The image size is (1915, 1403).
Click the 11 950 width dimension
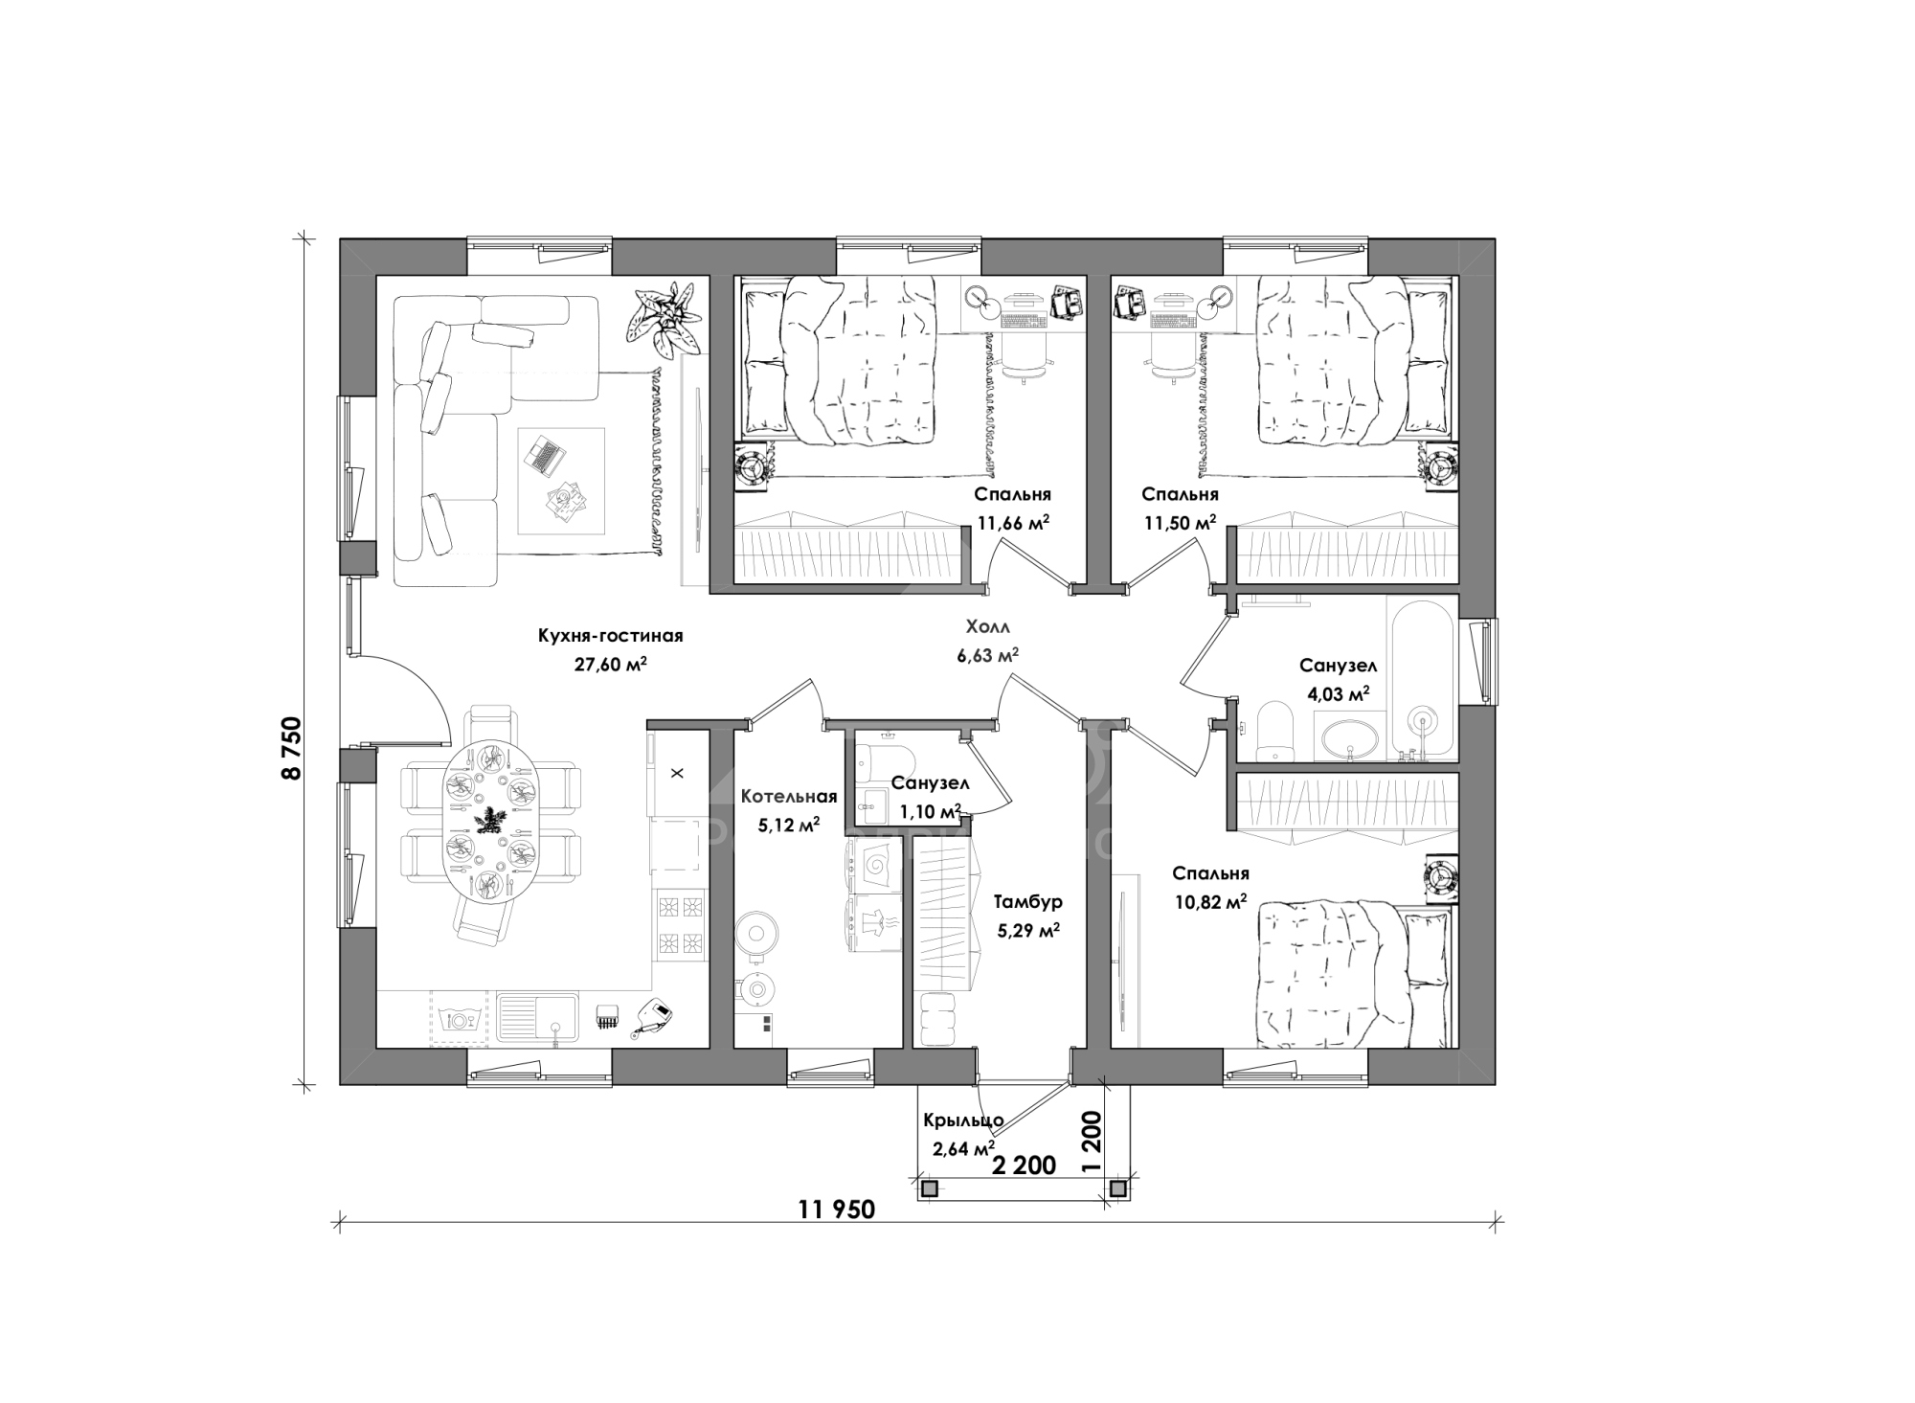coord(836,1210)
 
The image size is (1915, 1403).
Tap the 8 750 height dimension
coord(291,748)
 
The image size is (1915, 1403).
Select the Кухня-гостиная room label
coord(610,636)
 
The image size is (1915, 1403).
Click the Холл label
coord(988,627)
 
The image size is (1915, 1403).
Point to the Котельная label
coord(789,797)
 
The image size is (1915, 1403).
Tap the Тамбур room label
coord(1027,902)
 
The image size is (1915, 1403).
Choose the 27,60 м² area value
coord(610,665)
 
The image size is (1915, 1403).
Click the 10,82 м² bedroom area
coord(1209,901)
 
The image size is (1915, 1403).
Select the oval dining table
coord(489,820)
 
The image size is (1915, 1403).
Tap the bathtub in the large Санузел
coord(1422,679)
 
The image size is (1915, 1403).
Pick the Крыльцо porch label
coord(963,1120)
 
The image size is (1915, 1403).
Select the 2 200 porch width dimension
coord(1024,1165)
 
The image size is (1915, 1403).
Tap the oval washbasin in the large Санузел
coord(1351,740)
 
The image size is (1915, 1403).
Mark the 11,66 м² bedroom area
coord(1012,523)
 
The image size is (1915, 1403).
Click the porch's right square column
coord(1117,1189)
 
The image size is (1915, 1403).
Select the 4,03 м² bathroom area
coord(1339,694)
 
